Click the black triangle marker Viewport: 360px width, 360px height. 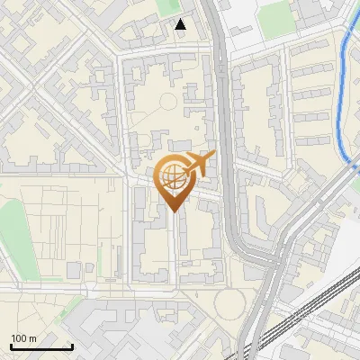pyautogui.click(x=181, y=24)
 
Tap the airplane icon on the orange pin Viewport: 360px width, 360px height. pyautogui.click(x=199, y=164)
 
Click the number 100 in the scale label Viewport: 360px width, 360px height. pyautogui.click(x=19, y=338)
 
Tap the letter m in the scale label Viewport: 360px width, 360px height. pyautogui.click(x=32, y=338)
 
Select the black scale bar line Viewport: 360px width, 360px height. pyautogui.click(x=41, y=346)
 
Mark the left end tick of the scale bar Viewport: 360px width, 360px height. pyautogui.click(x=11, y=345)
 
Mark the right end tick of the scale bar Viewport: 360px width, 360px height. pyautogui.click(x=72, y=345)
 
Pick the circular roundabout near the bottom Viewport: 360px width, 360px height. pyautogui.click(x=229, y=303)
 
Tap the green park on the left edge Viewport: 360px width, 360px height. pyautogui.click(x=7, y=225)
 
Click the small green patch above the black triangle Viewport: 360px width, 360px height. pyautogui.click(x=167, y=6)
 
